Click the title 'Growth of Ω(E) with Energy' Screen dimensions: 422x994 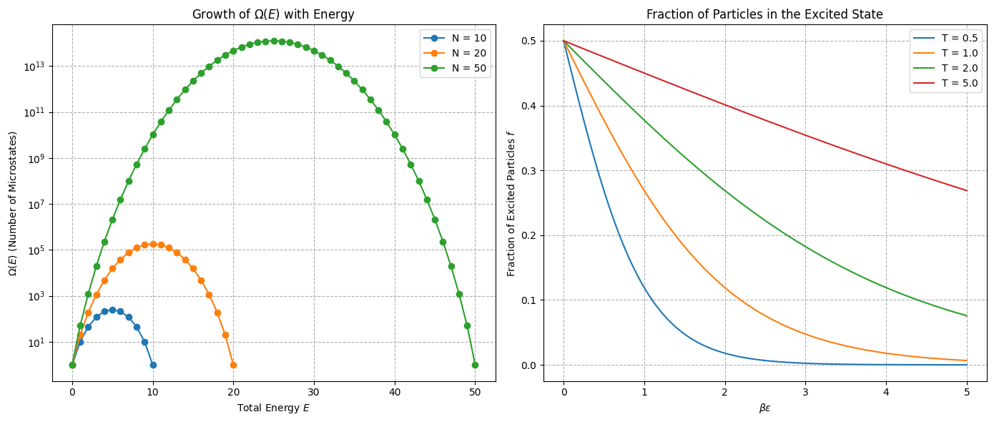tap(273, 14)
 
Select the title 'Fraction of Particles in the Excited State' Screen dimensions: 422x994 tap(764, 14)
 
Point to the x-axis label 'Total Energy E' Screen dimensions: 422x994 tap(273, 408)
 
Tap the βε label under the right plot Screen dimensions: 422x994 tap(764, 408)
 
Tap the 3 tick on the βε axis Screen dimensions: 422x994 tap(806, 393)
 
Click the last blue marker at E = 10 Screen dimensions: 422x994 tap(153, 365)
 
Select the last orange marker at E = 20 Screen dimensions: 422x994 tap(233, 365)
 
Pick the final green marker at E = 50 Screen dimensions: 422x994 tap(475, 365)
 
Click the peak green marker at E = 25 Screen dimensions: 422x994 tap(274, 41)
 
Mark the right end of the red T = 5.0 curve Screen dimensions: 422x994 tap(967, 190)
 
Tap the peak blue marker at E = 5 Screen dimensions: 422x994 tap(112, 310)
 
